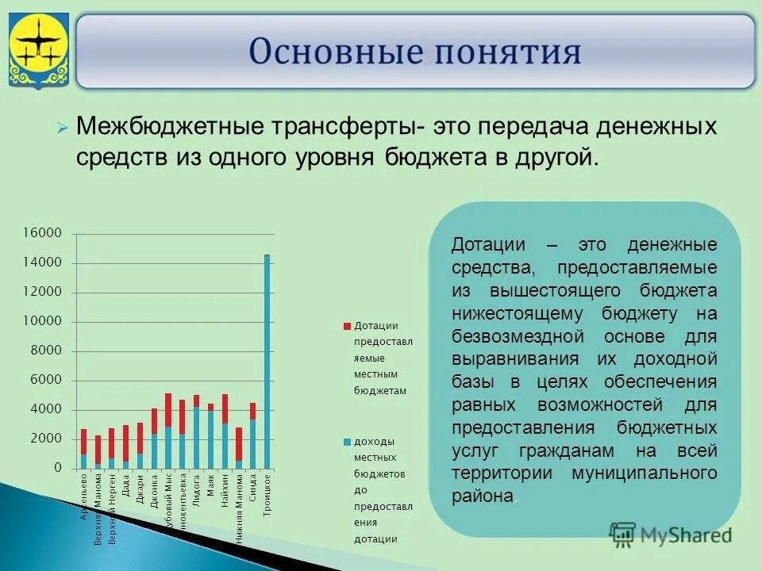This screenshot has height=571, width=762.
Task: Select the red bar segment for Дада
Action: click(x=125, y=443)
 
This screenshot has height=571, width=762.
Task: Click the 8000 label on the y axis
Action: click(x=46, y=351)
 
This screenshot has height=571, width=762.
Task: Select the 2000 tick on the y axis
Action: click(x=46, y=439)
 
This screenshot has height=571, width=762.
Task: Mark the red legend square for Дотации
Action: click(x=347, y=326)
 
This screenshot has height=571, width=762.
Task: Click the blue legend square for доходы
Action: click(x=347, y=442)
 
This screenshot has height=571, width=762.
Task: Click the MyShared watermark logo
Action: click(x=671, y=535)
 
